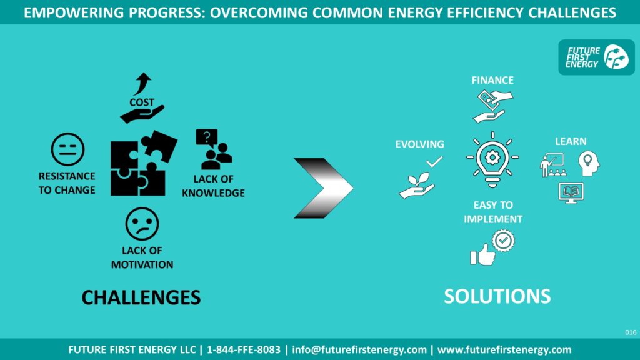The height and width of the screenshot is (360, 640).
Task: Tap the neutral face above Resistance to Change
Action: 67,149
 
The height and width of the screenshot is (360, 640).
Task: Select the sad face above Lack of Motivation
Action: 142,224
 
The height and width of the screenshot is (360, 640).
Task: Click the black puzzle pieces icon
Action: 143,163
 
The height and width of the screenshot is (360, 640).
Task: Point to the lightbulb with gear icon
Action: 492,159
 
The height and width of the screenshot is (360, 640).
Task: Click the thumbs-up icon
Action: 482,255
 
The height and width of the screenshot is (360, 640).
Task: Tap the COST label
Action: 142,102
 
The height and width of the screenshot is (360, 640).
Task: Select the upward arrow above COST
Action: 142,83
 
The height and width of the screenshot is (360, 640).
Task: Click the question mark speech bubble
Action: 206,138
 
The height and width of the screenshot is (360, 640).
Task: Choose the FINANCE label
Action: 492,80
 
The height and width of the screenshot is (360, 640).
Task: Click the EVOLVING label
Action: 419,144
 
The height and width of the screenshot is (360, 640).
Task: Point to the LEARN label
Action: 571,141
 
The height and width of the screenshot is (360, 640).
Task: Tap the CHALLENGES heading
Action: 141,297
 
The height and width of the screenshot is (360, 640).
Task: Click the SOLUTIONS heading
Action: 497,296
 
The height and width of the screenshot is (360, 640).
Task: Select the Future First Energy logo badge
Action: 596,57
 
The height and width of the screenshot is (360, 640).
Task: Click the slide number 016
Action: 631,332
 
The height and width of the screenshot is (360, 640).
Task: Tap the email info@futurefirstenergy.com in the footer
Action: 359,350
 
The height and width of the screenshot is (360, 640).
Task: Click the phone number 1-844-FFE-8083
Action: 244,350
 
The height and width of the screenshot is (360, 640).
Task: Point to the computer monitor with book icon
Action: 571,193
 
